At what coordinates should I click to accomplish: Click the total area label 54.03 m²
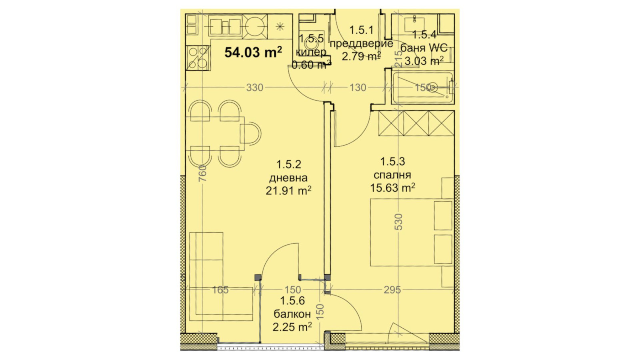point(253,52)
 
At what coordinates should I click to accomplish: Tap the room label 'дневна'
point(288,178)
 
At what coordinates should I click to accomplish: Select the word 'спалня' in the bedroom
point(392,175)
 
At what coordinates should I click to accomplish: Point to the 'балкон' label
point(292,314)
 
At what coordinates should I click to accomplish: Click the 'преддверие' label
point(361,43)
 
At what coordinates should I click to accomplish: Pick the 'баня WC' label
point(424,48)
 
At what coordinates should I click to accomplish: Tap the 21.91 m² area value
point(288,191)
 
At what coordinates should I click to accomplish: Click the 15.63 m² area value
point(392,188)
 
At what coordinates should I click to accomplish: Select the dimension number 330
point(254,87)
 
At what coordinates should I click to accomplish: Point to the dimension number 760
point(202,173)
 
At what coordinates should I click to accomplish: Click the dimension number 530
point(398,221)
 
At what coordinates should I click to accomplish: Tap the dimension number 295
point(392,290)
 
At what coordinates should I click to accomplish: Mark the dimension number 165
point(220,290)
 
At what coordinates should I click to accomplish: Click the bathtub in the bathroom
point(423,88)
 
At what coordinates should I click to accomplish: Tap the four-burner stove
point(198,58)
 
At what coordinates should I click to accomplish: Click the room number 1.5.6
point(292,301)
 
